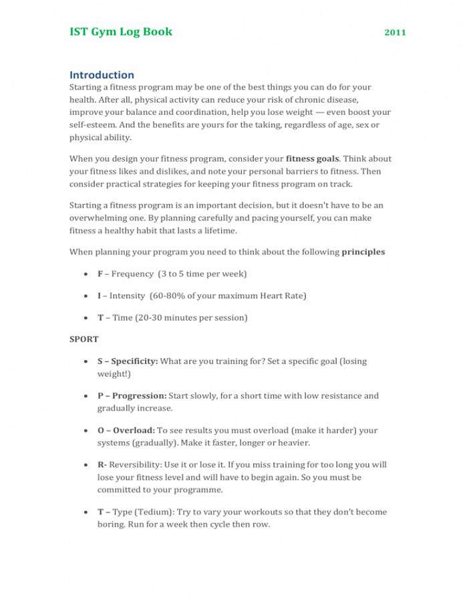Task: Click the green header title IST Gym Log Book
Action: point(121,31)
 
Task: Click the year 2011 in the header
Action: point(395,32)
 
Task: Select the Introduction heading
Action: point(102,75)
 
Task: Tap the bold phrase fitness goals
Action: point(313,159)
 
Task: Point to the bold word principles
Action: point(363,253)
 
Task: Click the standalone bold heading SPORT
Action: point(84,339)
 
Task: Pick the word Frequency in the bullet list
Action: point(132,274)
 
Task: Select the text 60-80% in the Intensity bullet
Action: point(169,295)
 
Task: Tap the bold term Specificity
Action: point(134,361)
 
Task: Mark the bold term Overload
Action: point(134,430)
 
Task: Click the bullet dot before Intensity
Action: point(87,295)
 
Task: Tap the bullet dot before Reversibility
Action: point(87,464)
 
